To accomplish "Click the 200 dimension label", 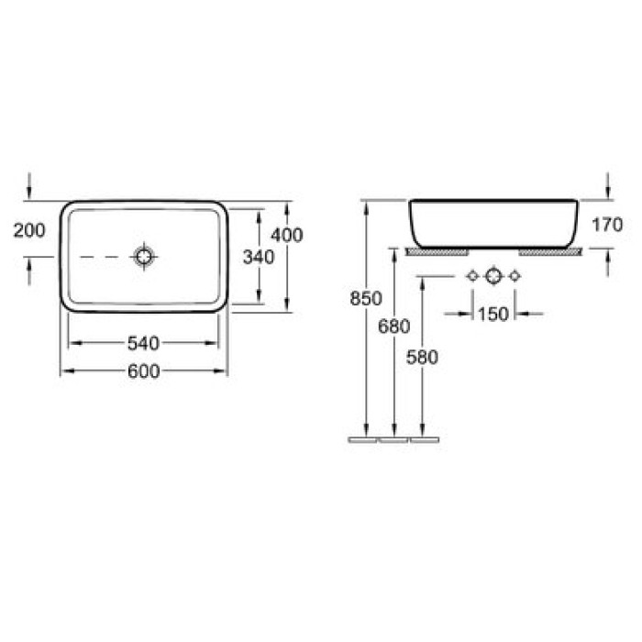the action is (x=29, y=230).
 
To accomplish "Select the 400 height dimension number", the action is (x=287, y=235).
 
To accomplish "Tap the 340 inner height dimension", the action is (x=259, y=257).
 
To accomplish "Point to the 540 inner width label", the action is (x=143, y=343).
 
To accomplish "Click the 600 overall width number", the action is (x=144, y=371).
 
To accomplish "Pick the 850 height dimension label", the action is (x=366, y=298).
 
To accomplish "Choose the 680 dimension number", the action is (x=393, y=327).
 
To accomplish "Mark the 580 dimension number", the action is (x=422, y=357).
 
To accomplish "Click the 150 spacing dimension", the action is (x=493, y=314).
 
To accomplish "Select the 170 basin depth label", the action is (x=607, y=225).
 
